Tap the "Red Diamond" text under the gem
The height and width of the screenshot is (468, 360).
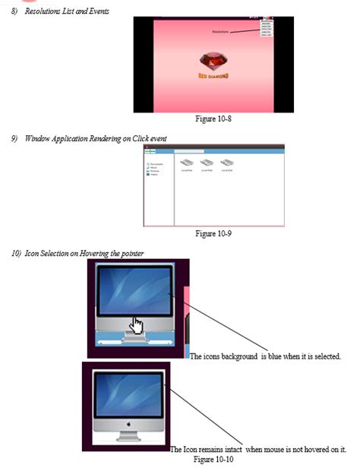point(213,76)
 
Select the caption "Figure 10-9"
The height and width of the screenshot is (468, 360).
point(213,233)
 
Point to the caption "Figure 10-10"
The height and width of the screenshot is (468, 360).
point(213,459)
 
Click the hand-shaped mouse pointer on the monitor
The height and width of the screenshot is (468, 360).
point(136,324)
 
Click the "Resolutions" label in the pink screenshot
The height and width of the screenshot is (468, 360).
point(219,32)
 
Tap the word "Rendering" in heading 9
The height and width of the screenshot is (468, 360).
point(96,138)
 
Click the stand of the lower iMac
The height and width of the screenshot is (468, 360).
point(128,435)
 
